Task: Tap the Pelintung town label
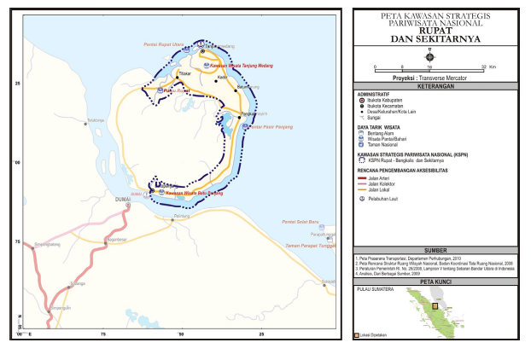pyautogui.click(x=181, y=217)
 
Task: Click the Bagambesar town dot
pyautogui.click(x=104, y=241)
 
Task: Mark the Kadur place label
pyautogui.click(x=222, y=78)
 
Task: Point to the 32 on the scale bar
pyautogui.click(x=483, y=66)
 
